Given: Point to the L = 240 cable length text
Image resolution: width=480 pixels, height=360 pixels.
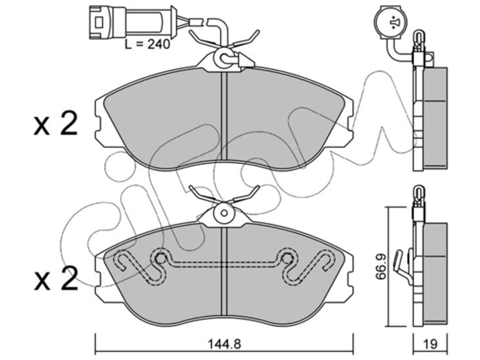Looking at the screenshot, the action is (x=147, y=44).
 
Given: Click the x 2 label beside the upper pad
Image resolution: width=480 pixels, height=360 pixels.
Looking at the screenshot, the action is (x=55, y=123).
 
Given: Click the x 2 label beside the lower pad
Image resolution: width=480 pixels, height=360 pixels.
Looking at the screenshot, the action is (x=56, y=279).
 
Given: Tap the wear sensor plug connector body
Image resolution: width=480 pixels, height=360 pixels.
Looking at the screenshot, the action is (x=130, y=22).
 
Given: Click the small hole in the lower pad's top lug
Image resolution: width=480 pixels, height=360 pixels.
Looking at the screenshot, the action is (x=224, y=213).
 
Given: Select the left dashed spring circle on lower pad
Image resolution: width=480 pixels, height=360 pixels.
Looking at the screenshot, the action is (x=161, y=259).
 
